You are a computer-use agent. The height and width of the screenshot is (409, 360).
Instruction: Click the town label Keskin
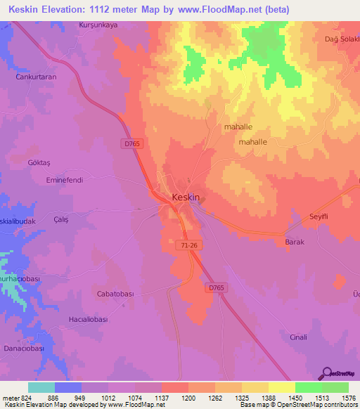click(x=186, y=197)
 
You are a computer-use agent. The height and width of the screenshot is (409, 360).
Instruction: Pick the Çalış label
click(x=61, y=219)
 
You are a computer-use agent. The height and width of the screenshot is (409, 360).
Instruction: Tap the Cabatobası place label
click(x=115, y=294)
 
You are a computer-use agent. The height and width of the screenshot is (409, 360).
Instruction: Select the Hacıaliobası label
click(x=88, y=319)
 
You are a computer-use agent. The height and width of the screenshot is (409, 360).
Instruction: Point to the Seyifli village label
click(x=320, y=216)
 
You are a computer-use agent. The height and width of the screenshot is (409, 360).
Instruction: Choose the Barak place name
click(x=294, y=242)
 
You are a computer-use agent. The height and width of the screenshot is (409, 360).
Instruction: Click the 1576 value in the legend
click(x=347, y=397)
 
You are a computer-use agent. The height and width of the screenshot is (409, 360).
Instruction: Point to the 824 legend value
click(x=26, y=397)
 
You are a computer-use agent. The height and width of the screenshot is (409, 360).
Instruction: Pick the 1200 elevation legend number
click(x=187, y=397)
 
